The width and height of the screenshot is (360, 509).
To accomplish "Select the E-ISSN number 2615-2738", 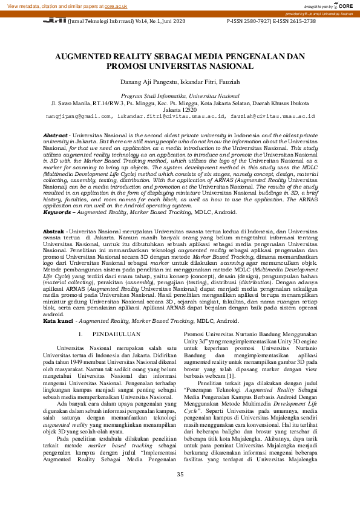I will pos(300,21).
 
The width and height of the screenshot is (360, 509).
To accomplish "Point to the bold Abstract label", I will pos(55,135).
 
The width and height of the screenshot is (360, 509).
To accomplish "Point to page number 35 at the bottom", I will pos(180,491).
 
